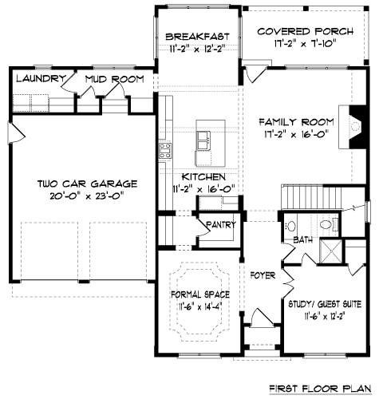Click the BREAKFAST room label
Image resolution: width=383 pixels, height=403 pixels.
coord(197,37)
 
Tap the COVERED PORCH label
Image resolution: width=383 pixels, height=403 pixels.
coord(306,31)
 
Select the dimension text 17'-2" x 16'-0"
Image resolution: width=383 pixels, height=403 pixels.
coord(295,134)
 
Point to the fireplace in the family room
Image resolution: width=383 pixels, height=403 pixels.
coord(353,127)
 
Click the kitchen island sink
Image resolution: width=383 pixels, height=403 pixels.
coord(203,140)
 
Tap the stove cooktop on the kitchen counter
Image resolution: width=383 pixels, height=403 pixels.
coord(165,151)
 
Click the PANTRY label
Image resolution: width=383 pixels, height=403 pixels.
coord(221,225)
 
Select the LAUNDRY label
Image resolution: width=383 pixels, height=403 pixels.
coord(41,78)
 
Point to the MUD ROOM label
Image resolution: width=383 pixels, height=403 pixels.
coord(115,79)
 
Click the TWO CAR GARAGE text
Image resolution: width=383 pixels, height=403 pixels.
coord(87,184)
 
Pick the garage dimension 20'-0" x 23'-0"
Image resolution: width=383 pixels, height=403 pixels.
coord(87,196)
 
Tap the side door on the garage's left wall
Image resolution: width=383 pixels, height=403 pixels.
coord(17,133)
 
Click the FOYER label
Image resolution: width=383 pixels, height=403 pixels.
coord(263,275)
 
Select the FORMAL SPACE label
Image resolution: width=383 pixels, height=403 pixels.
coord(200,294)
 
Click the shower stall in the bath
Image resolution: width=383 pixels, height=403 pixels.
coord(331,251)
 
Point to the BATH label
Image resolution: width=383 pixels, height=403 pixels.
coord(303,240)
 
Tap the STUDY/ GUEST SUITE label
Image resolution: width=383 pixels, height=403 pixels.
coord(325,304)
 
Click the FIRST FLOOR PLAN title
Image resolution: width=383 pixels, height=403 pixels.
coord(320,389)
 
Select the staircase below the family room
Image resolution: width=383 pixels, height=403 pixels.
coord(303,198)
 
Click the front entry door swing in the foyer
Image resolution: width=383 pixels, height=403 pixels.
coord(262,317)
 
